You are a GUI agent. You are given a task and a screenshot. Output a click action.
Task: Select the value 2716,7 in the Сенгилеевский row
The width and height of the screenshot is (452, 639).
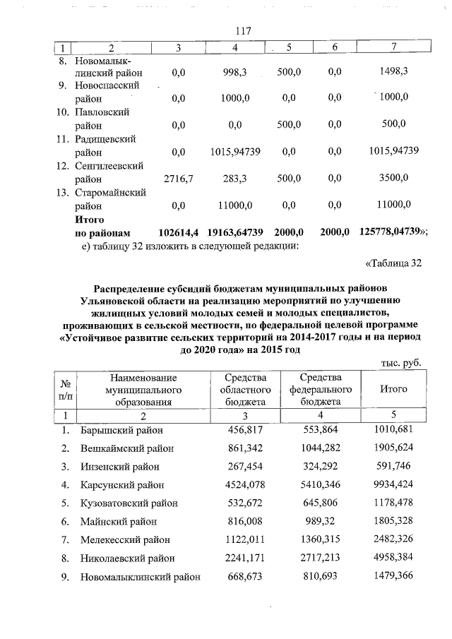178,179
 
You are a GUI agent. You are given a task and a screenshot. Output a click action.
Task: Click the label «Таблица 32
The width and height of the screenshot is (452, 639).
393,263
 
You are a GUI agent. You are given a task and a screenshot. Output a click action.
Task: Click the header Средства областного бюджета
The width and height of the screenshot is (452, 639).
244,390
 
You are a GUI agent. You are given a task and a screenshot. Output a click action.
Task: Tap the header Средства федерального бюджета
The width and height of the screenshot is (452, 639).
321,390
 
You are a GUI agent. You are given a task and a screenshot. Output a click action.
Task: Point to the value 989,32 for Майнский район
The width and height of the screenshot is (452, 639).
321,522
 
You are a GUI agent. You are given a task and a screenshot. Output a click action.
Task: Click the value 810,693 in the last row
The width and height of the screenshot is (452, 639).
321,577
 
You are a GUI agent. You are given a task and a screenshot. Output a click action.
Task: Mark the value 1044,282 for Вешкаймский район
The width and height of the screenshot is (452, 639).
321,448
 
